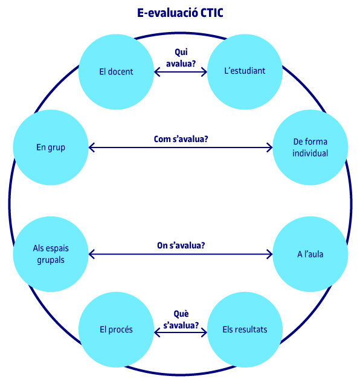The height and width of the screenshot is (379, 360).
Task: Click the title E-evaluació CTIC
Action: pos(180,13)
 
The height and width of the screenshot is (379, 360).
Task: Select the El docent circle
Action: pos(116,72)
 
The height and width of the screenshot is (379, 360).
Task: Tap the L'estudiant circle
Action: pos(245,72)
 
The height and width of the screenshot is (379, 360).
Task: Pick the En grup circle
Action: pos(51,147)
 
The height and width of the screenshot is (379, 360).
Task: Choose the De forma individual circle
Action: pos(310,147)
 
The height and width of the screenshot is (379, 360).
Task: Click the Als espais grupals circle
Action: pos(51,254)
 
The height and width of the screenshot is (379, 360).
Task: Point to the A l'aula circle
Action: pos(310,254)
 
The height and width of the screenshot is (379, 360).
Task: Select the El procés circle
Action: pos(116,329)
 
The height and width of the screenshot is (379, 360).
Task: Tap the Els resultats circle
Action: pos(245,329)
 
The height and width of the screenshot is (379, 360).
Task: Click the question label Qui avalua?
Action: pos(181,58)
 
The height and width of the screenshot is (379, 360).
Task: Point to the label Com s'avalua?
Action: pos(181,139)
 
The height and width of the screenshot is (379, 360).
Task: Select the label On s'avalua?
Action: pos(181,245)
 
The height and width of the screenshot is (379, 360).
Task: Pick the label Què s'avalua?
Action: pos(181,320)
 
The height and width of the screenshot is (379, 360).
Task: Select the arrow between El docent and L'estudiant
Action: pos(181,72)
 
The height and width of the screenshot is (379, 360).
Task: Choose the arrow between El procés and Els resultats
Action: pos(181,332)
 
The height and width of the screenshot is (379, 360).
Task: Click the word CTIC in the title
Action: pos(212,13)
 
